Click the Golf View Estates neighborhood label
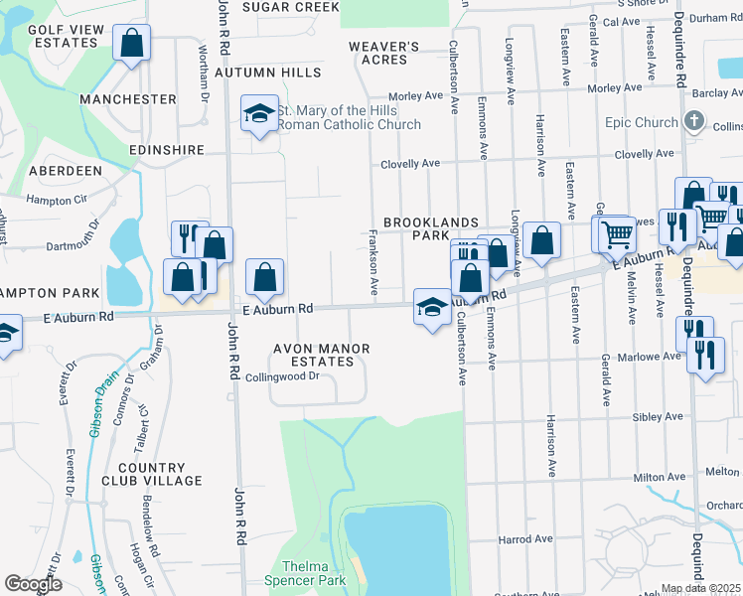point(67,37)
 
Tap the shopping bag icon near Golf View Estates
point(131,44)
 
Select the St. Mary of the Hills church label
point(348,117)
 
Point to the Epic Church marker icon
point(694,123)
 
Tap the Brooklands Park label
point(432,229)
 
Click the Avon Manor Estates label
point(323,355)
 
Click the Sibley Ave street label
point(660,417)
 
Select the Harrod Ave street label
point(524,539)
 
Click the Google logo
point(33,584)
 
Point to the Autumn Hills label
point(267,73)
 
